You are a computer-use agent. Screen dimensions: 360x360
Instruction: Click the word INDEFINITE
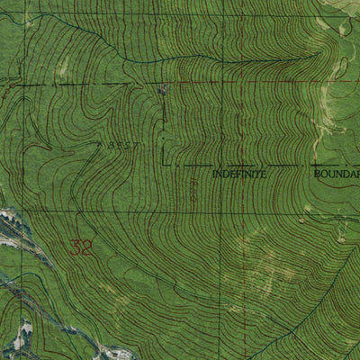pyautogui.click(x=239, y=174)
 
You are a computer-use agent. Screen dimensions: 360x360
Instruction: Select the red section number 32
pyautogui.click(x=80, y=247)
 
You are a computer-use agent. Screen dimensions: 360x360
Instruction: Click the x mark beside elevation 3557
pyautogui.click(x=99, y=143)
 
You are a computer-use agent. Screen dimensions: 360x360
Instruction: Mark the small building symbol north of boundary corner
pyautogui.click(x=163, y=91)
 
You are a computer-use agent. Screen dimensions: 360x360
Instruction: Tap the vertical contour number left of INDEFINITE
pyautogui.click(x=194, y=184)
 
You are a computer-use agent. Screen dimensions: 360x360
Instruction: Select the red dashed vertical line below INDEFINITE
pyautogui.click(x=241, y=270)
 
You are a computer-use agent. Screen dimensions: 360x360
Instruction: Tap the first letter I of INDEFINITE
pyautogui.click(x=215, y=174)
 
